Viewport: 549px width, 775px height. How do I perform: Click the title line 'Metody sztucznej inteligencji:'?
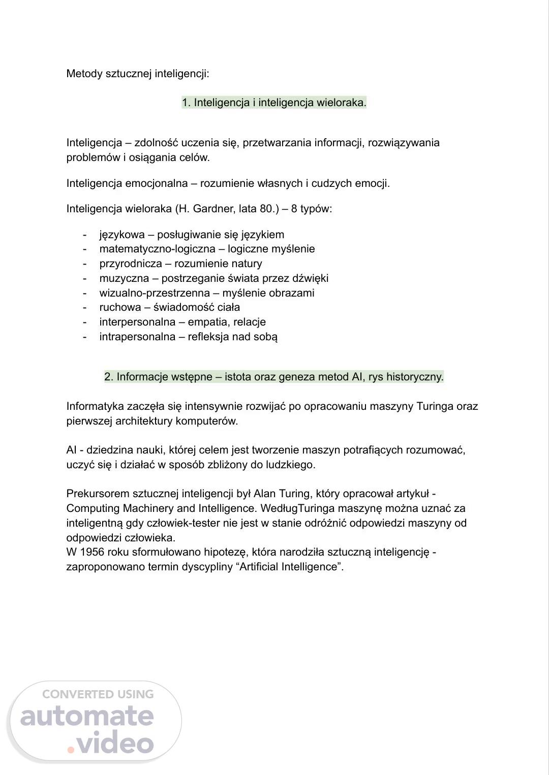138,74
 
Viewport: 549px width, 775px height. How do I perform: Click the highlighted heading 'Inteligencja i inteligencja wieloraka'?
274,103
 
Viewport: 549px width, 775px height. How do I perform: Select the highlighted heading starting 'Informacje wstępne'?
274,377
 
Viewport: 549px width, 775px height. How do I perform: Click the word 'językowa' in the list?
122,235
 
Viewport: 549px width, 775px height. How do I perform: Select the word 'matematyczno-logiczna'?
157,249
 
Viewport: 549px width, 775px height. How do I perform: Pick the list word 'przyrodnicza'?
131,264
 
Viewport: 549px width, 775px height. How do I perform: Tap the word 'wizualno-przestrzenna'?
155,293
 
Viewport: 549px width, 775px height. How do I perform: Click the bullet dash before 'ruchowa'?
85,307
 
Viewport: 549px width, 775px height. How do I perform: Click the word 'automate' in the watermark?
87,716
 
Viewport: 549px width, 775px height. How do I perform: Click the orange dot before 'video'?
71,750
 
